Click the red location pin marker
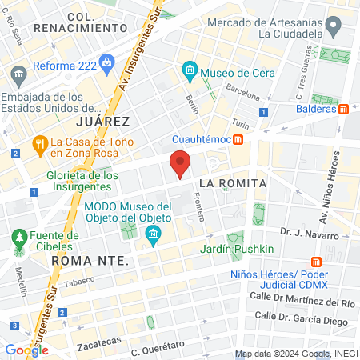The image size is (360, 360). coord(181,164)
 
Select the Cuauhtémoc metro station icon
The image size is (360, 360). coord(238,139)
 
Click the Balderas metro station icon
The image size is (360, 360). coord(343,109)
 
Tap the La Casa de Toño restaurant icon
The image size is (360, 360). coord(38,144)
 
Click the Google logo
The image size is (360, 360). coord(26,350)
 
